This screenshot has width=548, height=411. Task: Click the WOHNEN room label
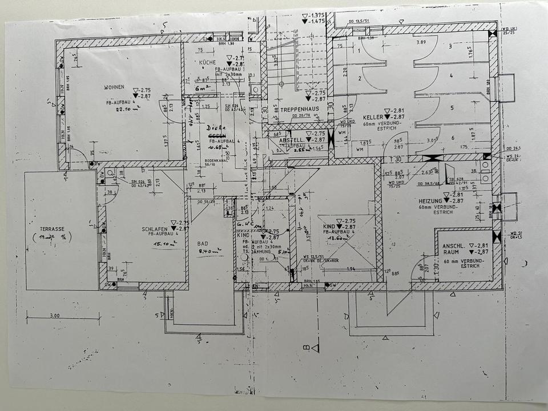coord(114,87)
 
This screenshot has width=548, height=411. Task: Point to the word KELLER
coord(367,116)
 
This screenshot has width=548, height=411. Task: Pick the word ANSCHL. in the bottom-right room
coord(453,246)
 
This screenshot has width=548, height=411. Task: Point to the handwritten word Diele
coord(216,128)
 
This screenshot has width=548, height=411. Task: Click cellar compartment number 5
coord(451,107)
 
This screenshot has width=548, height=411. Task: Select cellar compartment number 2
coord(360,79)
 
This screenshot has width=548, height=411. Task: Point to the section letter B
coord(305,345)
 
